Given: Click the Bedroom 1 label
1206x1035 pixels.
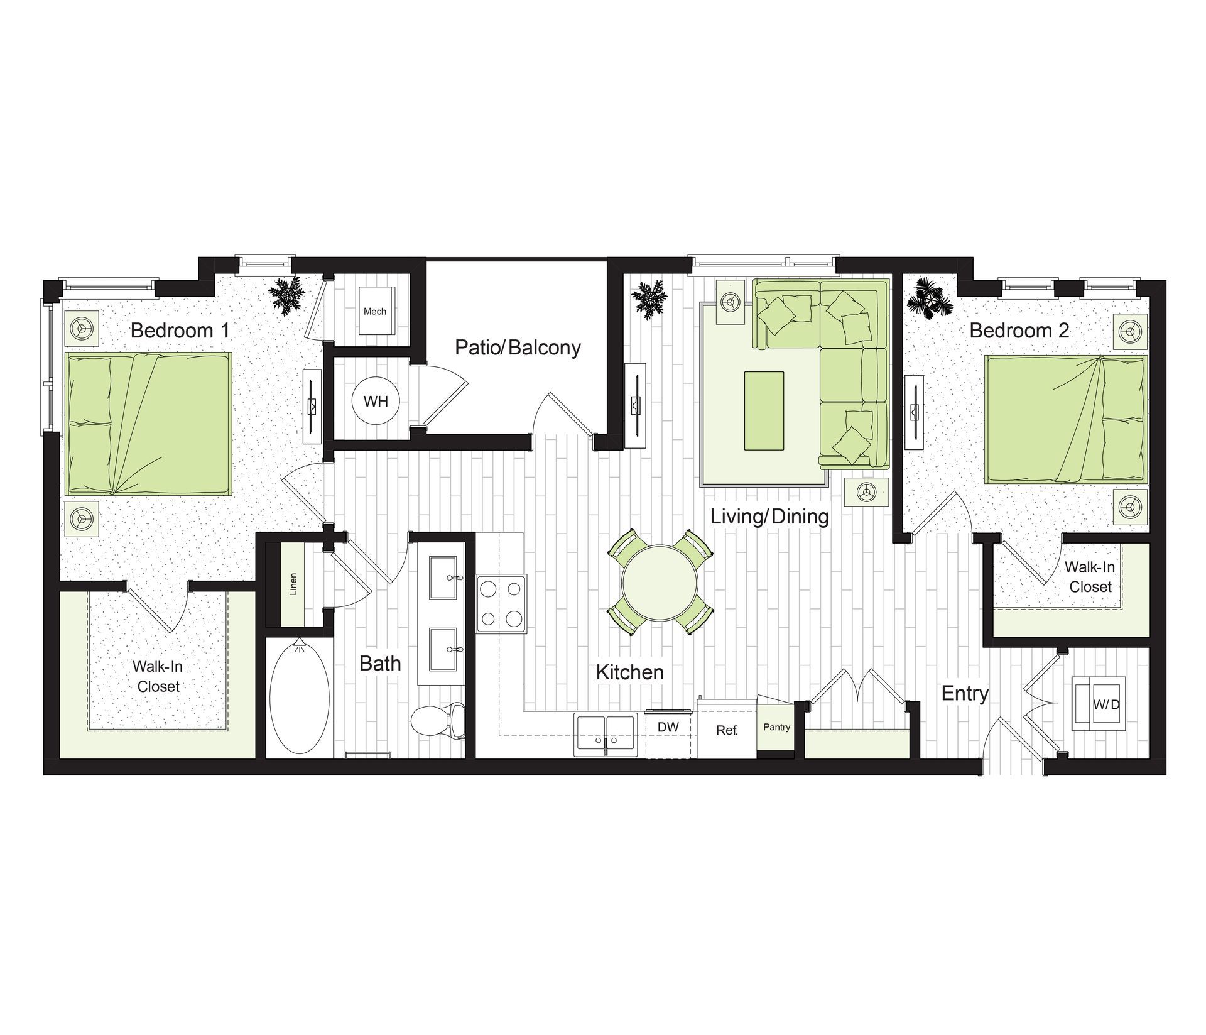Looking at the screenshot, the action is [x=180, y=331].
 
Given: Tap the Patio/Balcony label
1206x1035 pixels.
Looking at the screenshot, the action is [x=518, y=348].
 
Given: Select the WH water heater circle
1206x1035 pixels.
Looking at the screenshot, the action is [x=376, y=401].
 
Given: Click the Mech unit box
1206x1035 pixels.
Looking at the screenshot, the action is [x=375, y=311].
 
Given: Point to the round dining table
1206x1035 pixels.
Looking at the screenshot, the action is [x=660, y=583].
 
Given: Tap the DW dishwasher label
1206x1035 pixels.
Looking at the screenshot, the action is [x=668, y=727].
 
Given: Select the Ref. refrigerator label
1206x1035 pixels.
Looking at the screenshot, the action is [x=727, y=731].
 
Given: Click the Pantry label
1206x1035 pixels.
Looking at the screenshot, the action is [x=776, y=727].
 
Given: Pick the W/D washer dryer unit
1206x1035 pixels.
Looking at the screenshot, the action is [x=1099, y=704].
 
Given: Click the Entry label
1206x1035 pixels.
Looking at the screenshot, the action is [x=965, y=694].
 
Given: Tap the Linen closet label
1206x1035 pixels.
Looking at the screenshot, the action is [x=293, y=584].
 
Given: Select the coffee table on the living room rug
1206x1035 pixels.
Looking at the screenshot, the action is [x=764, y=410].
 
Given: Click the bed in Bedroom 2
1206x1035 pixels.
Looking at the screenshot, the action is [x=1065, y=419].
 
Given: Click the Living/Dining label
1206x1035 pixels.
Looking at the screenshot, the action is [x=769, y=517].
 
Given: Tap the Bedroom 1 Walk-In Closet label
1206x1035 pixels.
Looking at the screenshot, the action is [x=158, y=676].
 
